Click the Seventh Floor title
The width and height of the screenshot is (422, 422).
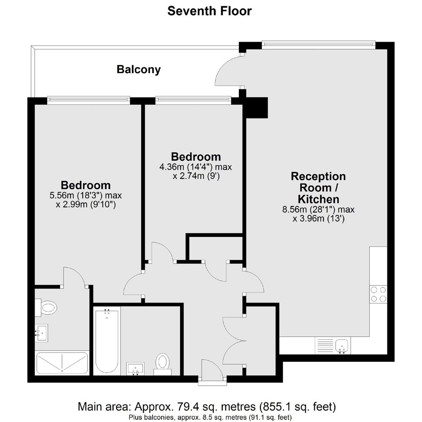click(x=209, y=11)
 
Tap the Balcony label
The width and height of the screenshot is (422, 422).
click(x=139, y=70)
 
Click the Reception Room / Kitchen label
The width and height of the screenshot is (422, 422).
click(x=318, y=188)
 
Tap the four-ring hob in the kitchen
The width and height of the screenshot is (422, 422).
click(x=378, y=294)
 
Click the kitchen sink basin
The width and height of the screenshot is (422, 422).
click(x=342, y=345)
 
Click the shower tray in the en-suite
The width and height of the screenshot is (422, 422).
click(x=62, y=363)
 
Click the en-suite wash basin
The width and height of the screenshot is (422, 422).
click(x=41, y=333)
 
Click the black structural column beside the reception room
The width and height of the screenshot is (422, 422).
click(x=256, y=108)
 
